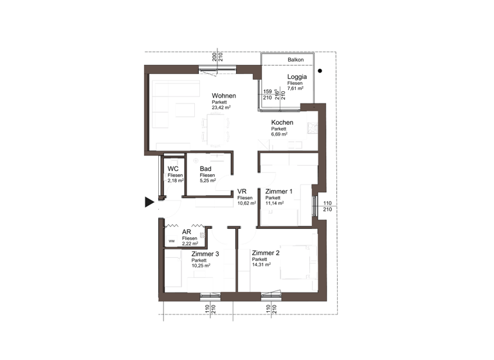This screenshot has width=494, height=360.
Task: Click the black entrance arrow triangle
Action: point(149,203)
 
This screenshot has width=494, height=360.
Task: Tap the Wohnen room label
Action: point(224,96)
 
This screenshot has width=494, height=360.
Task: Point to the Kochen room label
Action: point(282,122)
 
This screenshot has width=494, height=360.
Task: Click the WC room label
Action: point(173,169)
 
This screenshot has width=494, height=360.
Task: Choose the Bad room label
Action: point(206,169)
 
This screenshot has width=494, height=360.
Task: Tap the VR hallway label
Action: point(242,192)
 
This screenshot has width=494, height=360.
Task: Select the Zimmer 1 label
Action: point(279,192)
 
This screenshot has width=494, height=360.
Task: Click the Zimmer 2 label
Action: point(266,253)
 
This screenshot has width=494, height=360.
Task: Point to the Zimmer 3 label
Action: point(205,254)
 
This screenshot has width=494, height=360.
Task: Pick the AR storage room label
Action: point(187,232)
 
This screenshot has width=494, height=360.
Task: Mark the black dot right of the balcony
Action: point(320,71)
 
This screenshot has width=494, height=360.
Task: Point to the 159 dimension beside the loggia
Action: point(267,92)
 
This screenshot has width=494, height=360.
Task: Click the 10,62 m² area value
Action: point(246,203)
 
